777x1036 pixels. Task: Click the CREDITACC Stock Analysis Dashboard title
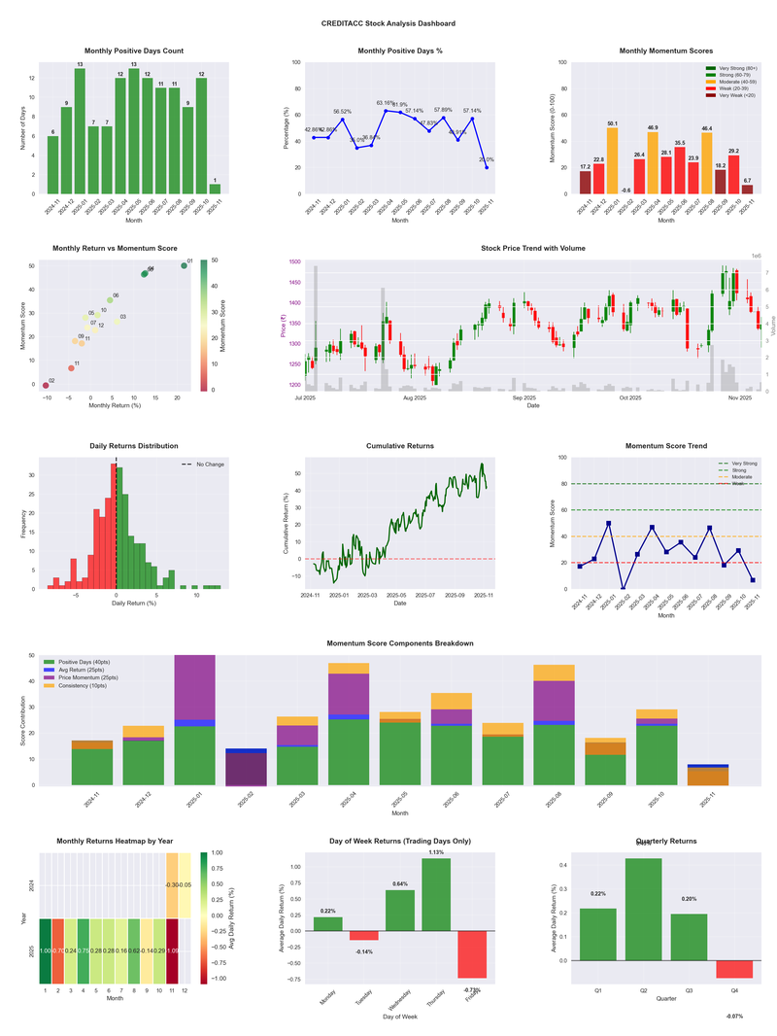coord(388,23)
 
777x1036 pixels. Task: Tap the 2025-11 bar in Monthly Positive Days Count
coord(215,189)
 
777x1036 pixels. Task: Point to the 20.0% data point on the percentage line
coord(487,167)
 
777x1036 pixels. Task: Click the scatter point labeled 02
coord(46,386)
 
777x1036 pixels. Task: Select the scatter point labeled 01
coord(184,265)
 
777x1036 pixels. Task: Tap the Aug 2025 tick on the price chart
coord(415,398)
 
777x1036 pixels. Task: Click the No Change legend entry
coord(202,465)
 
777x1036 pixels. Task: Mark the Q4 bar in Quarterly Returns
coord(734,969)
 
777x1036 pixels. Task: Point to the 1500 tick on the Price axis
coord(293,262)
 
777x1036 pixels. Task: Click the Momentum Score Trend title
coord(665,446)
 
